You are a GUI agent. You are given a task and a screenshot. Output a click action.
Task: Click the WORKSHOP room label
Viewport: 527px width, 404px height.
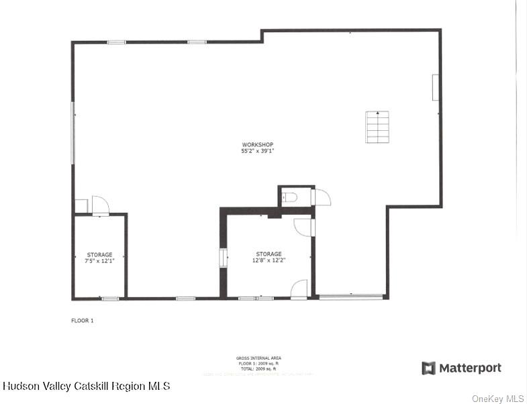(x=258, y=145)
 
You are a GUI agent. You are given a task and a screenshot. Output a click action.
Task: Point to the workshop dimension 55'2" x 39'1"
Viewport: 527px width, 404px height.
(x=258, y=152)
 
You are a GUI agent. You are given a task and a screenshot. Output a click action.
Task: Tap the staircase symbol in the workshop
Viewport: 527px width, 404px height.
(x=377, y=127)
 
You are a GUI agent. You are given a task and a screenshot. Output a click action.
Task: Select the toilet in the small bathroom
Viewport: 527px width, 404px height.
(x=289, y=197)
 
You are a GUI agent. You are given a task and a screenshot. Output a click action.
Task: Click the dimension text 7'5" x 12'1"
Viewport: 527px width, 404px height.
(x=99, y=260)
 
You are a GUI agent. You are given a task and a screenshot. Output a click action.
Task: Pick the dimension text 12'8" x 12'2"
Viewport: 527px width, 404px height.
(x=269, y=260)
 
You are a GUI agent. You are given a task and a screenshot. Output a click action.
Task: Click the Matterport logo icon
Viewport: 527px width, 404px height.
(x=428, y=368)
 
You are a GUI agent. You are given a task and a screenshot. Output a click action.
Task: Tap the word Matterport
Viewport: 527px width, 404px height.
(x=470, y=368)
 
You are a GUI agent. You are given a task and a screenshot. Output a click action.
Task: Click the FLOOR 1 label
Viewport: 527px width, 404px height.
(x=83, y=321)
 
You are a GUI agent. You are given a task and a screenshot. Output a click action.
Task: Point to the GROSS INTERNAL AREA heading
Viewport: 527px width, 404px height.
(x=258, y=359)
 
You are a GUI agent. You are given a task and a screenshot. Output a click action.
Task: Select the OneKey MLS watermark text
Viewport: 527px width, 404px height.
(x=497, y=399)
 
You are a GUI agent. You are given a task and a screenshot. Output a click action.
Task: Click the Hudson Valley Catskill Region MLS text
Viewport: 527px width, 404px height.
(x=87, y=386)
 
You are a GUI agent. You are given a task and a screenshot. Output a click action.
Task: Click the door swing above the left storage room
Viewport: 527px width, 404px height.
(x=100, y=205)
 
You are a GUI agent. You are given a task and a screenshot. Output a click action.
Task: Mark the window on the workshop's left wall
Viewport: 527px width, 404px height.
(x=73, y=132)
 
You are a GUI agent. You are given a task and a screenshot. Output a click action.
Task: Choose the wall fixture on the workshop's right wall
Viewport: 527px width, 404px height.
(x=435, y=87)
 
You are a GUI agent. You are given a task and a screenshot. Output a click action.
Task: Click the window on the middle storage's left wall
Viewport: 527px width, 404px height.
(x=223, y=258)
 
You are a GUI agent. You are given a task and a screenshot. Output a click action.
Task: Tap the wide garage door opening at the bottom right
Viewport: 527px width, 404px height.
(x=350, y=297)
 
